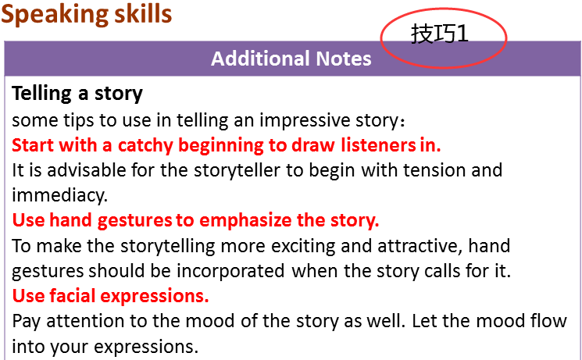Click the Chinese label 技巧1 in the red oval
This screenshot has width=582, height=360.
click(440, 34)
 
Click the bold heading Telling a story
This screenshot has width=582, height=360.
click(77, 93)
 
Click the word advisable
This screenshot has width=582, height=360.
click(84, 170)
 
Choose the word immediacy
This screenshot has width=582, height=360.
click(59, 195)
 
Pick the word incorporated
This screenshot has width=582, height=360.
click(230, 271)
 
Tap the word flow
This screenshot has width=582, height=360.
click(546, 321)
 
